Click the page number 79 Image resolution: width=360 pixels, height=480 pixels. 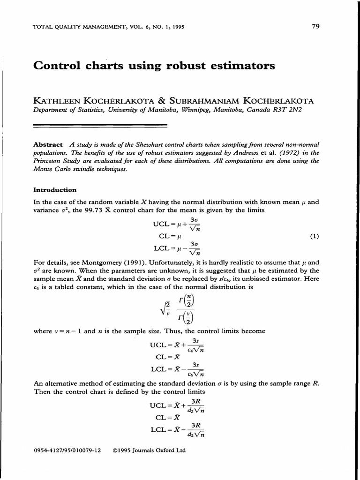[315, 26]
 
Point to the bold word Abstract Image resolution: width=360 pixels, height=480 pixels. [48, 144]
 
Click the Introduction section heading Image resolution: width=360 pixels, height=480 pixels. [55, 190]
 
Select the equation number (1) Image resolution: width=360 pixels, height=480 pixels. [314, 237]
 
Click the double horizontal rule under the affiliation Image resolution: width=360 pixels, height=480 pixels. [101, 125]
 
